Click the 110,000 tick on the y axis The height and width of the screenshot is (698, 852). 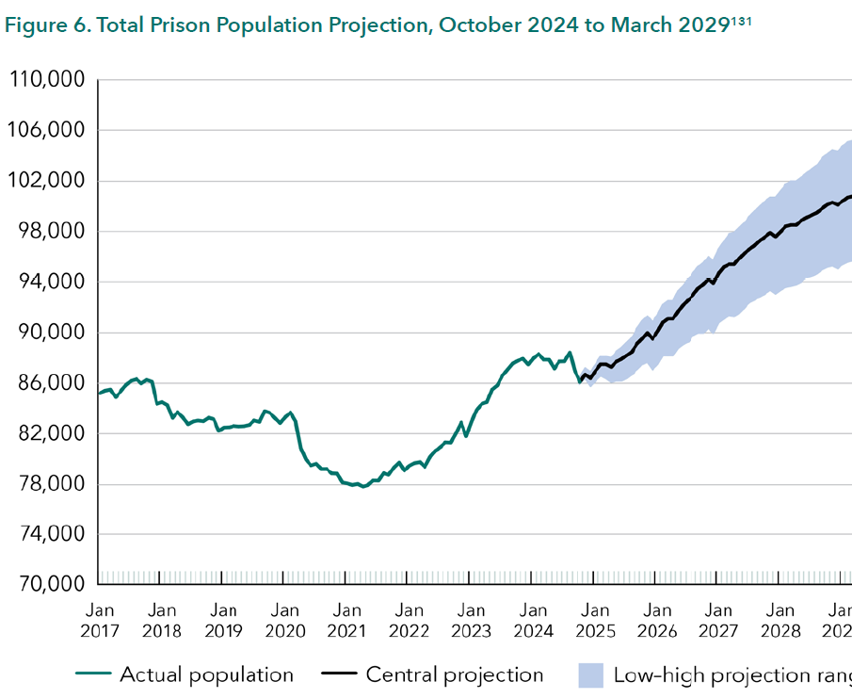47,80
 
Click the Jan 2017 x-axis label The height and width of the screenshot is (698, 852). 100,621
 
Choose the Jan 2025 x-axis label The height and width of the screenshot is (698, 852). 594,621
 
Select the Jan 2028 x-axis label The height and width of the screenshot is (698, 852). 780,621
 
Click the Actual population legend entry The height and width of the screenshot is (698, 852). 206,674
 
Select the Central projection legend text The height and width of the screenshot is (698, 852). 455,674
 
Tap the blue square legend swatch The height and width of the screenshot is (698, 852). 589,674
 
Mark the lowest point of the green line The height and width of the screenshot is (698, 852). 363,487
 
